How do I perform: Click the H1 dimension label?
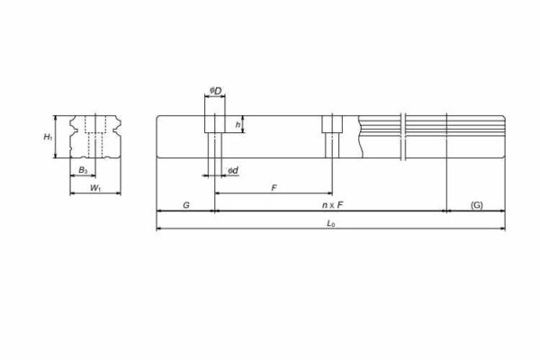click(49, 137)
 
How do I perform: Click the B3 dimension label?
click(83, 168)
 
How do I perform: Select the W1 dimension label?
click(94, 187)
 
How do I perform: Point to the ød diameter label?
click(232, 170)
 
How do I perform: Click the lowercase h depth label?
click(238, 124)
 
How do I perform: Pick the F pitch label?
click(274, 187)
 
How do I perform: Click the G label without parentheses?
click(185, 205)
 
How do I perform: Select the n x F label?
click(333, 205)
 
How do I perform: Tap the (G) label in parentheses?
click(476, 205)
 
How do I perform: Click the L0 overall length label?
click(330, 222)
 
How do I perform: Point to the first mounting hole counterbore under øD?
click(215, 123)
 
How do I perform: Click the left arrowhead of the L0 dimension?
click(160, 229)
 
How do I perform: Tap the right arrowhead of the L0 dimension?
click(501, 229)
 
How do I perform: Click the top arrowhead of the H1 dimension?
click(58, 118)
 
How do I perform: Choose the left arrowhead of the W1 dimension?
click(73, 193)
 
